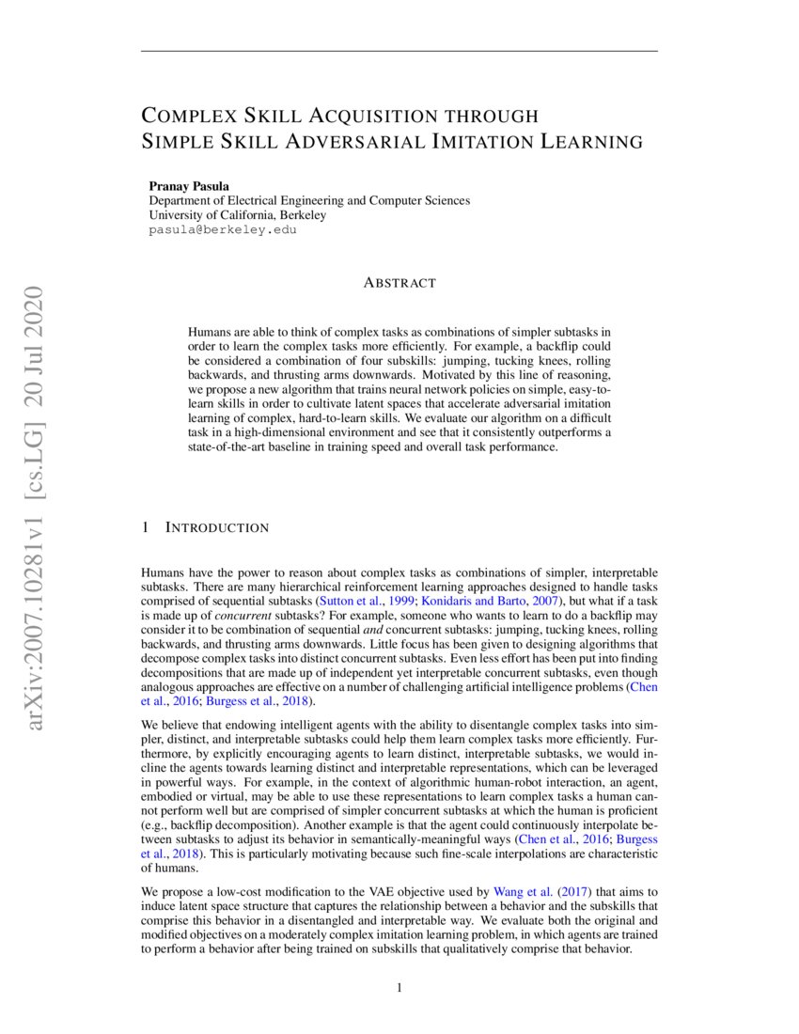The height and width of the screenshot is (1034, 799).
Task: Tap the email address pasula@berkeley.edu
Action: click(223, 228)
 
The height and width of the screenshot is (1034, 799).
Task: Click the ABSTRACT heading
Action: click(399, 282)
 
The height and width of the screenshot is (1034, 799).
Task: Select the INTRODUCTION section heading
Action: click(217, 527)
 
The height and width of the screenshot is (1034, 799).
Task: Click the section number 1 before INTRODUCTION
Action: click(145, 527)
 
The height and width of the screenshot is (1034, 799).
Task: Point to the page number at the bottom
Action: click(399, 987)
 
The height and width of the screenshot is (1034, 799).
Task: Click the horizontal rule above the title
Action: click(399, 51)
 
